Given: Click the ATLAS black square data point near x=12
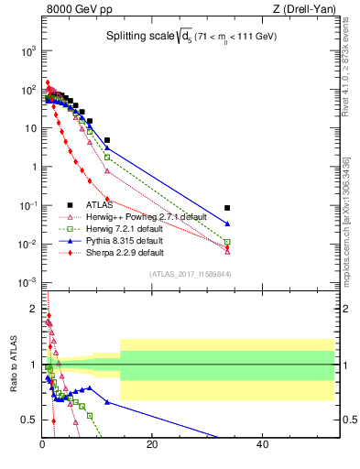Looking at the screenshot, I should [107, 140].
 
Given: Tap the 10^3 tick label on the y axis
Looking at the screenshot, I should [27, 51].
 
